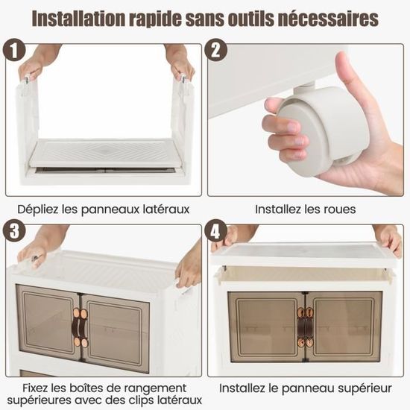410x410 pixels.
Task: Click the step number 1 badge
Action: coord(14,50)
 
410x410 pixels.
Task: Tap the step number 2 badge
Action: coord(215,50)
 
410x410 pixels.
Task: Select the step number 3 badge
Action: coord(14,231)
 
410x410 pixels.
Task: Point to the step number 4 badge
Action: coord(215,231)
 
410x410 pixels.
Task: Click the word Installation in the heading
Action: coord(78,19)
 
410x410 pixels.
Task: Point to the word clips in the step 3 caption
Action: coord(143,400)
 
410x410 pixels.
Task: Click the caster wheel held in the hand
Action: coord(324,128)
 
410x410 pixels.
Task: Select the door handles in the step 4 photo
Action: coord(305,327)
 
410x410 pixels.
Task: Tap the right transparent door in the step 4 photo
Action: coord(344,327)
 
